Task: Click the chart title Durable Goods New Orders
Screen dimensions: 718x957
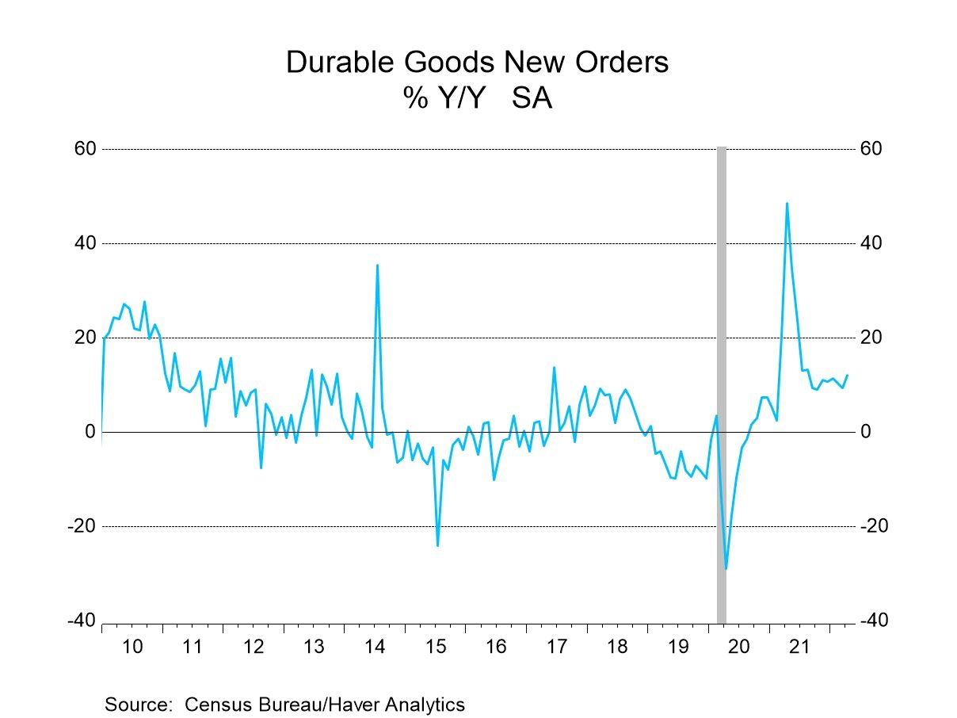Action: (477, 62)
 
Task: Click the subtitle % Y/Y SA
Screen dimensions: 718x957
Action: (477, 99)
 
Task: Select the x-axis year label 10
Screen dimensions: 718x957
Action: (132, 646)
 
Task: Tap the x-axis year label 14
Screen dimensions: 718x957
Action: (375, 646)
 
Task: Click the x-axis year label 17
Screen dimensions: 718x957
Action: (556, 646)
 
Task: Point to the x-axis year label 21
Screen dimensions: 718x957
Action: (799, 646)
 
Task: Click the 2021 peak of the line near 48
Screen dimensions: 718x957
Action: (787, 204)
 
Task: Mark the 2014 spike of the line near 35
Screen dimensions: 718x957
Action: (377, 265)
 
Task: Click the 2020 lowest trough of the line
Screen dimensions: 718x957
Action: (726, 568)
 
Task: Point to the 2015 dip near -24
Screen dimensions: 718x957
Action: (437, 545)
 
